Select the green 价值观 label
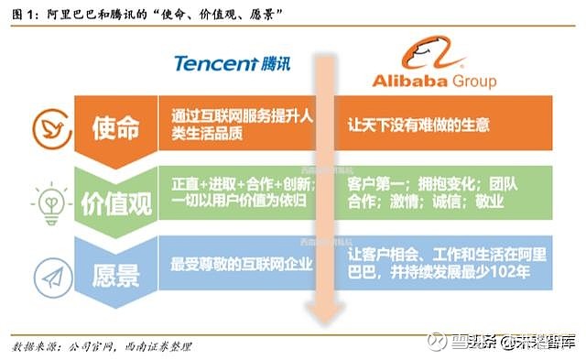click(115, 196)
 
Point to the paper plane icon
click(46, 271)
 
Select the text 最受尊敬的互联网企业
click(242, 265)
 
